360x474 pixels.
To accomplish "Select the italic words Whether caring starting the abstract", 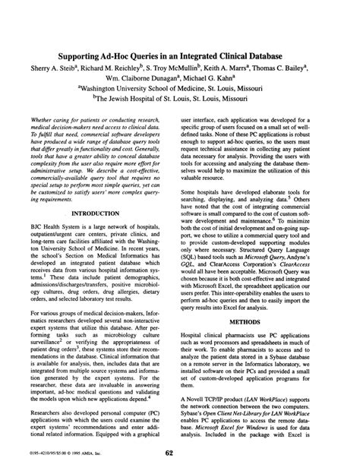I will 58,121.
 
